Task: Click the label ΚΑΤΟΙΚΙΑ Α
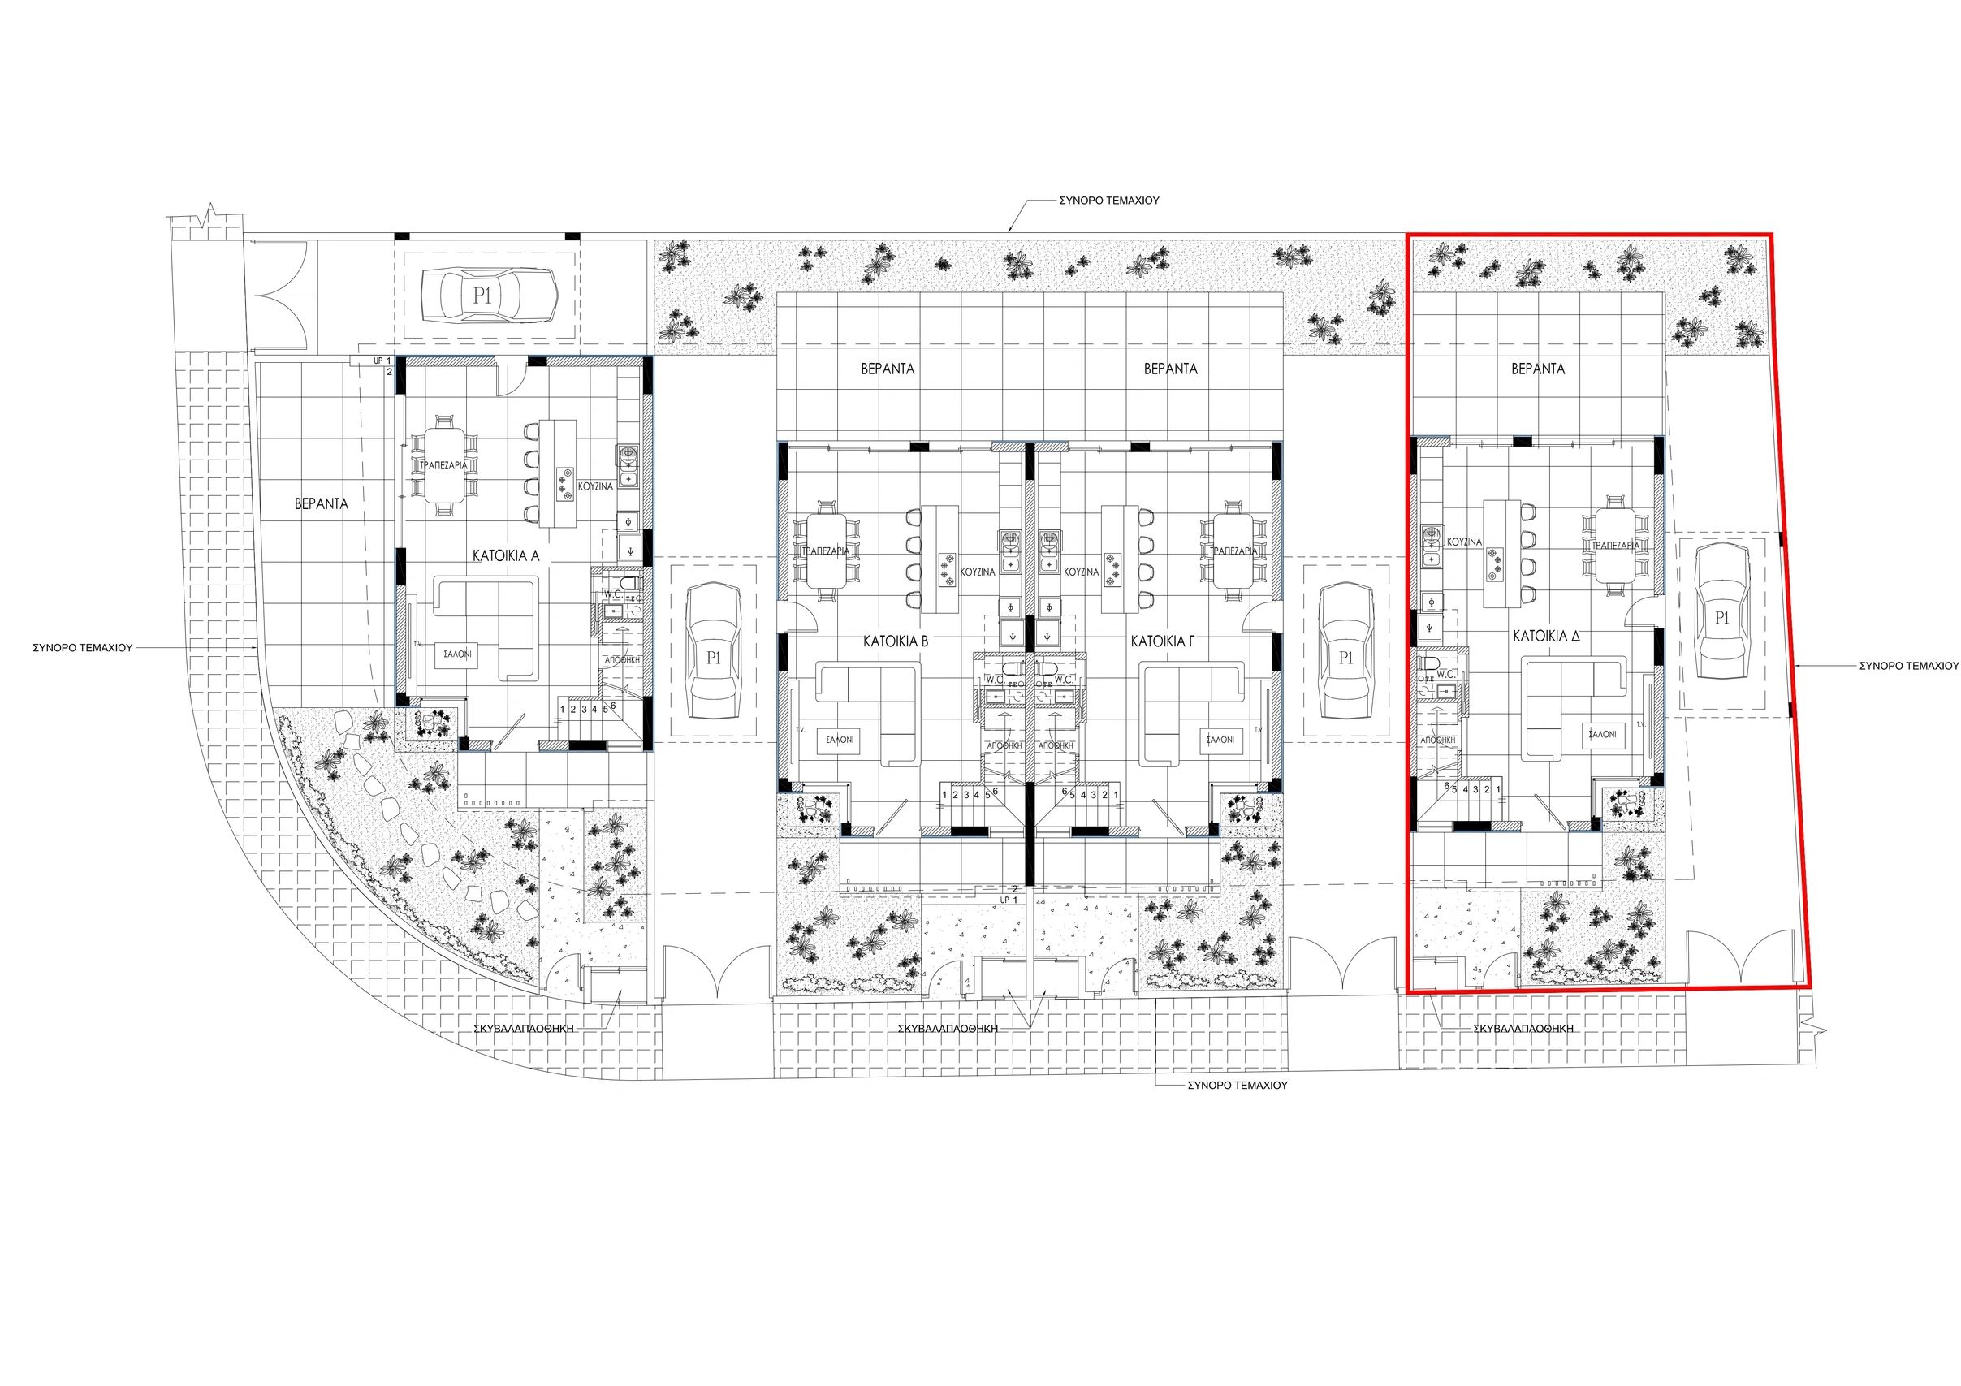[x=507, y=555]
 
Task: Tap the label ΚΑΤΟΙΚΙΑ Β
[x=895, y=640]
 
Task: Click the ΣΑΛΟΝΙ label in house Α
[x=457, y=655]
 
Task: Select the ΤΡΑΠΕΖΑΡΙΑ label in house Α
[x=440, y=465]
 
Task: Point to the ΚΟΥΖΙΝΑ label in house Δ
[x=1464, y=542]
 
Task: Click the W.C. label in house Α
[x=612, y=593]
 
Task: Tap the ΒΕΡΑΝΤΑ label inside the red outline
[x=1538, y=369]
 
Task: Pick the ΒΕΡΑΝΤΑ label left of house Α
[x=321, y=504]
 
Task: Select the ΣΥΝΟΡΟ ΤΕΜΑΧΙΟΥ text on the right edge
[x=1908, y=663]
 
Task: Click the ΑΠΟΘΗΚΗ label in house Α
[x=621, y=659]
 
